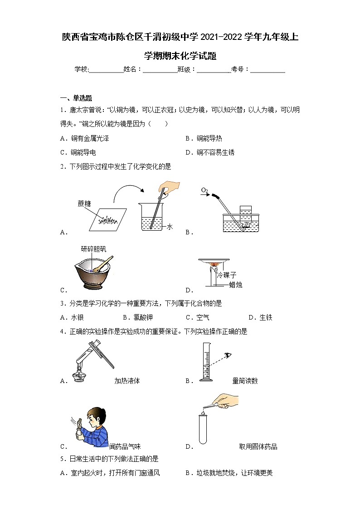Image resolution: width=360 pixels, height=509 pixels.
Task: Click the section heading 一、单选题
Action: point(76,98)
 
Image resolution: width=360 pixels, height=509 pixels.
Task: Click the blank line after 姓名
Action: point(160,70)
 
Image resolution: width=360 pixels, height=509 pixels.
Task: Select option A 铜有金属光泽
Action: point(84,139)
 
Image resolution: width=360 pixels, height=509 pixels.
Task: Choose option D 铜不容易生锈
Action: point(210,153)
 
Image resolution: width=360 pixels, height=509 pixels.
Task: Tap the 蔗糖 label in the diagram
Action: point(84,204)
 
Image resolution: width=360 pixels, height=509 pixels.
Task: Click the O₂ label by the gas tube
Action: point(204,190)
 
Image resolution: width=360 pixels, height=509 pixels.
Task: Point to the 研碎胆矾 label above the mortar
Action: point(93,249)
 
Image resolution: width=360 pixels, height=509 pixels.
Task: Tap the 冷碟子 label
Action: point(226,275)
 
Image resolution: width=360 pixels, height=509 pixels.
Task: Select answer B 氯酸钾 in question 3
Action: point(136,318)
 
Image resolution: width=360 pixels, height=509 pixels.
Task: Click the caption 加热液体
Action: point(127,381)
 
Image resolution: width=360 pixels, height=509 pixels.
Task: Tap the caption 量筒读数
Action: point(245,381)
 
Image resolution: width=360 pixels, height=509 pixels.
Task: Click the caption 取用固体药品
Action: point(258,447)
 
